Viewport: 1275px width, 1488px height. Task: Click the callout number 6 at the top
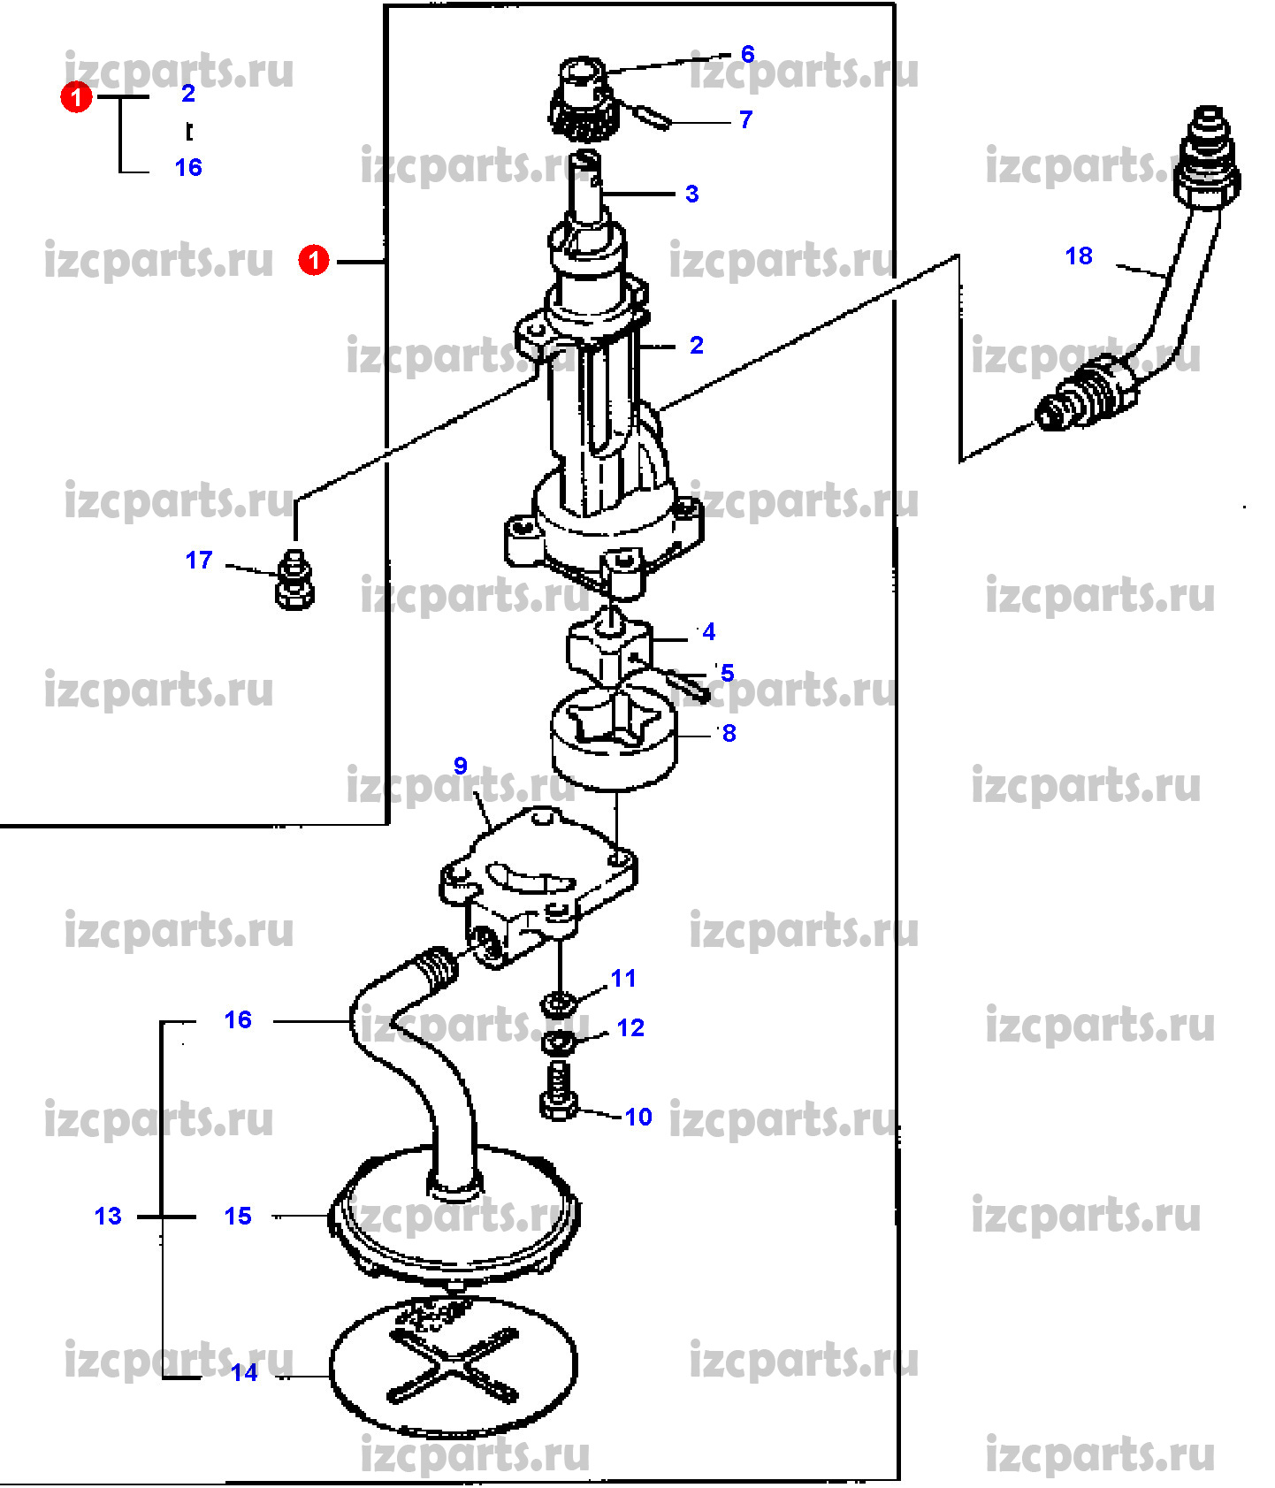[747, 54]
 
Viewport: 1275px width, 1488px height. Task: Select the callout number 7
[745, 119]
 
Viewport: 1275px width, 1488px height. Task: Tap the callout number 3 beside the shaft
[691, 194]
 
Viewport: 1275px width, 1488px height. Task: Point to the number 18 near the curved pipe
[1079, 256]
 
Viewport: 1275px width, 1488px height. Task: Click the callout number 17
[199, 560]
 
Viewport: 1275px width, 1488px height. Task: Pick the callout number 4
[708, 632]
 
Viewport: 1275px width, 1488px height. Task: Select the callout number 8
[729, 733]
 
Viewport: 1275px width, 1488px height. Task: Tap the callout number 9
[460, 766]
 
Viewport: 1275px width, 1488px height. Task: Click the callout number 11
[623, 979]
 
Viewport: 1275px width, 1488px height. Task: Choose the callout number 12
[630, 1028]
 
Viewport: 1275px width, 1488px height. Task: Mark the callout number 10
[638, 1118]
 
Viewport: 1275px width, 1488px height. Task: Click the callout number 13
[108, 1217]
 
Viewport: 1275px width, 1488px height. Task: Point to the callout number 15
[238, 1217]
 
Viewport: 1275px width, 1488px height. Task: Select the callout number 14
[244, 1373]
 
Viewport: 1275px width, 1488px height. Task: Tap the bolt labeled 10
[558, 1092]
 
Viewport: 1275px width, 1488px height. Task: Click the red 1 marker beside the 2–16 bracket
[76, 97]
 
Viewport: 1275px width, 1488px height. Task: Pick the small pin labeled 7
[653, 116]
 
